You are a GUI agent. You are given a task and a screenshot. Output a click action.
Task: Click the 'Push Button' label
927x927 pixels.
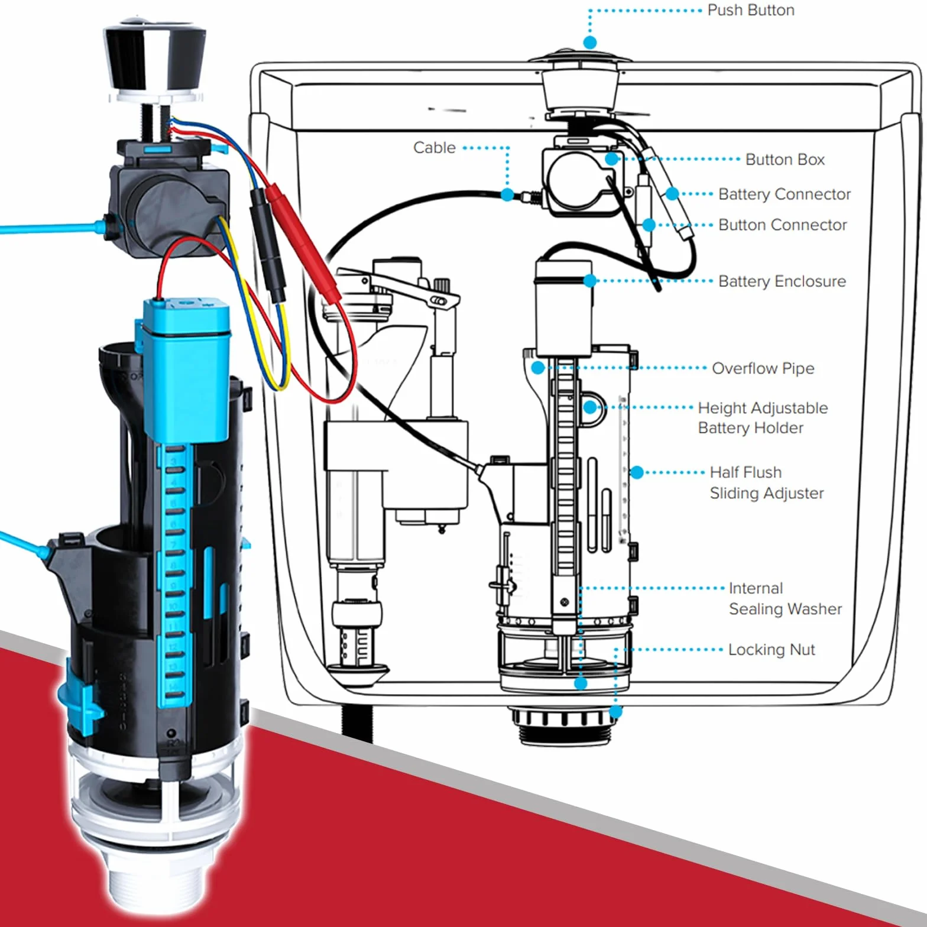751,10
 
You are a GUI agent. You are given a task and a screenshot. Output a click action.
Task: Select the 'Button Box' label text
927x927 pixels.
785,160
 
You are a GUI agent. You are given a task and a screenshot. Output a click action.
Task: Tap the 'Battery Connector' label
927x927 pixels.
785,194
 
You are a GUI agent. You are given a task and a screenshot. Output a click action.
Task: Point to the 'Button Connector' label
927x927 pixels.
783,225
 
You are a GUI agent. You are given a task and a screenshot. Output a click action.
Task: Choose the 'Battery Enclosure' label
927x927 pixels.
782,281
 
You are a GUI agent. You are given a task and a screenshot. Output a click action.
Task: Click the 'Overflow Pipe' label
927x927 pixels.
763,368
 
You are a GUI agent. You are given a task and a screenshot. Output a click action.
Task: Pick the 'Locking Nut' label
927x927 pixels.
772,650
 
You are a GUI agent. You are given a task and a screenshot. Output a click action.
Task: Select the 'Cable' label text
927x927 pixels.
435,147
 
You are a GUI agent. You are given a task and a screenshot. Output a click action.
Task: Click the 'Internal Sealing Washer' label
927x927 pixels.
785,598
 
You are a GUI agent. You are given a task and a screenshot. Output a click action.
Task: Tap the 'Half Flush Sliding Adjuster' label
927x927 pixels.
767,482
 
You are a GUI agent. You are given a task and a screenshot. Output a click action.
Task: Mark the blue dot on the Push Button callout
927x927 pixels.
589,42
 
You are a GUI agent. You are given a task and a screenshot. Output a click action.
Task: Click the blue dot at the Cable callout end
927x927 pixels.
507,195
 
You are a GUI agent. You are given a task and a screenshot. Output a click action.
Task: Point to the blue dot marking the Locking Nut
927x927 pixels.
615,712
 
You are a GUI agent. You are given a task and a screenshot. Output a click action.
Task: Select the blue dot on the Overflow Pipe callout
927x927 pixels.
537,368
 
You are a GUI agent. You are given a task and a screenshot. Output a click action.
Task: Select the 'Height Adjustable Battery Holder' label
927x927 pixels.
763,418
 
